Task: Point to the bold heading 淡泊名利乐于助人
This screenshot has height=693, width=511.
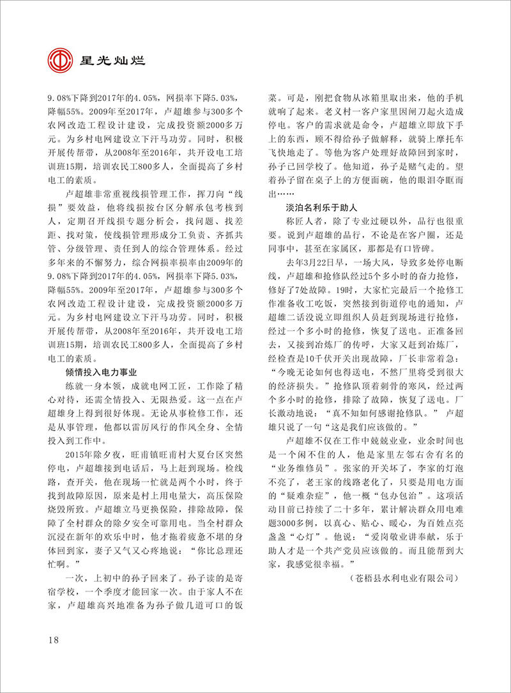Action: (321, 208)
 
